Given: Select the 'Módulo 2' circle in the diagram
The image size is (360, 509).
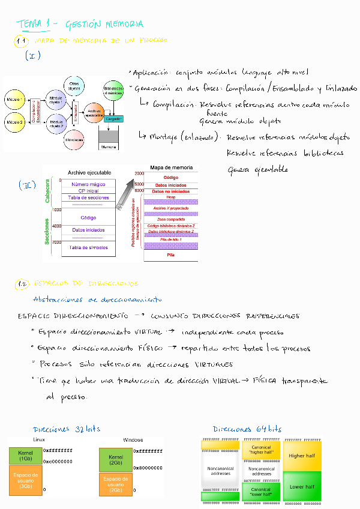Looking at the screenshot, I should click(x=15, y=122).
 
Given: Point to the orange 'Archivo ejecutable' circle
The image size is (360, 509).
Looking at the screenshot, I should click(x=94, y=112).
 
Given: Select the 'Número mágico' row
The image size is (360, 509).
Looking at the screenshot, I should click(x=89, y=184).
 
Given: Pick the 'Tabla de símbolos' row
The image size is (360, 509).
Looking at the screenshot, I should click(x=89, y=247).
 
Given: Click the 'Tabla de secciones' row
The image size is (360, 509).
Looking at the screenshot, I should click(x=89, y=197).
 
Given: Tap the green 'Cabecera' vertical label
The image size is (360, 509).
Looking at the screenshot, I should click(x=48, y=191).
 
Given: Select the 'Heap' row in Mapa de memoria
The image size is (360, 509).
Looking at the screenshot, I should click(x=170, y=197).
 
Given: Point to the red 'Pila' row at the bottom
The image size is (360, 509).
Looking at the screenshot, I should click(x=170, y=254).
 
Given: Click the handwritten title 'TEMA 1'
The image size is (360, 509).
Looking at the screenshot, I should click(x=34, y=24).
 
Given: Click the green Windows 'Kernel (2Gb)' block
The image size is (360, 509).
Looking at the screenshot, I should click(x=115, y=460).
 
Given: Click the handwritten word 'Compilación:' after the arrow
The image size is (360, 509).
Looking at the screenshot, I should click(x=173, y=103).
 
